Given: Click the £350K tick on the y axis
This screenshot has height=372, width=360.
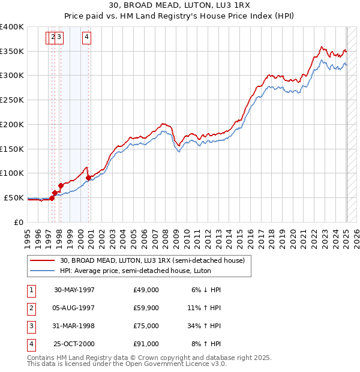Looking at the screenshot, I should (x=12, y=51).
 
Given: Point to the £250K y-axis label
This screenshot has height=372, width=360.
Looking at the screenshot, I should (x=12, y=100).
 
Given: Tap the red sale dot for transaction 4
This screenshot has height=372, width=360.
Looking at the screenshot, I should (x=88, y=178).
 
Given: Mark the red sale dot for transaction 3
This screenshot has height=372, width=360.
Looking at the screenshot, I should (x=61, y=185).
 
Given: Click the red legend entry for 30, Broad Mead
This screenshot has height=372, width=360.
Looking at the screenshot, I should (x=152, y=261).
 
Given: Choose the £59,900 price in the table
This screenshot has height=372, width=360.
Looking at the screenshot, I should (x=146, y=308).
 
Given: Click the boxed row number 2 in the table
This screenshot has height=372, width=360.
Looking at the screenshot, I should (x=31, y=308).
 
